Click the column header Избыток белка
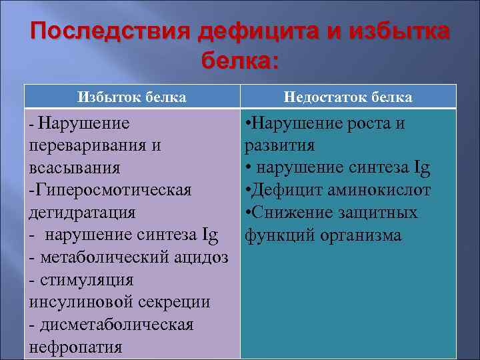coord(131,97)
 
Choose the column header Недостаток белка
coord(347,97)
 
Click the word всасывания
coord(71,168)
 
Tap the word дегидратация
coord(82,213)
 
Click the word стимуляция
coord(87,280)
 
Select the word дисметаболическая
coord(117,325)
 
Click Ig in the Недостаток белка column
coord(421,168)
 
